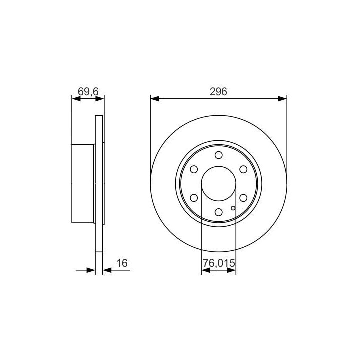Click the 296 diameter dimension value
click(218, 92)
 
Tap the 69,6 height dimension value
click(88, 92)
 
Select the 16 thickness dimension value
click(122, 263)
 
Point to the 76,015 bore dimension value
click(219, 263)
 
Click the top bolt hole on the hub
click(219, 155)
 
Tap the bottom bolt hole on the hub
click(219, 212)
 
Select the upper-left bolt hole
click(194, 169)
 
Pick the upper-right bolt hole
click(243, 169)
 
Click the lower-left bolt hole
click(194, 198)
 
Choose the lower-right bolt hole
click(243, 198)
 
